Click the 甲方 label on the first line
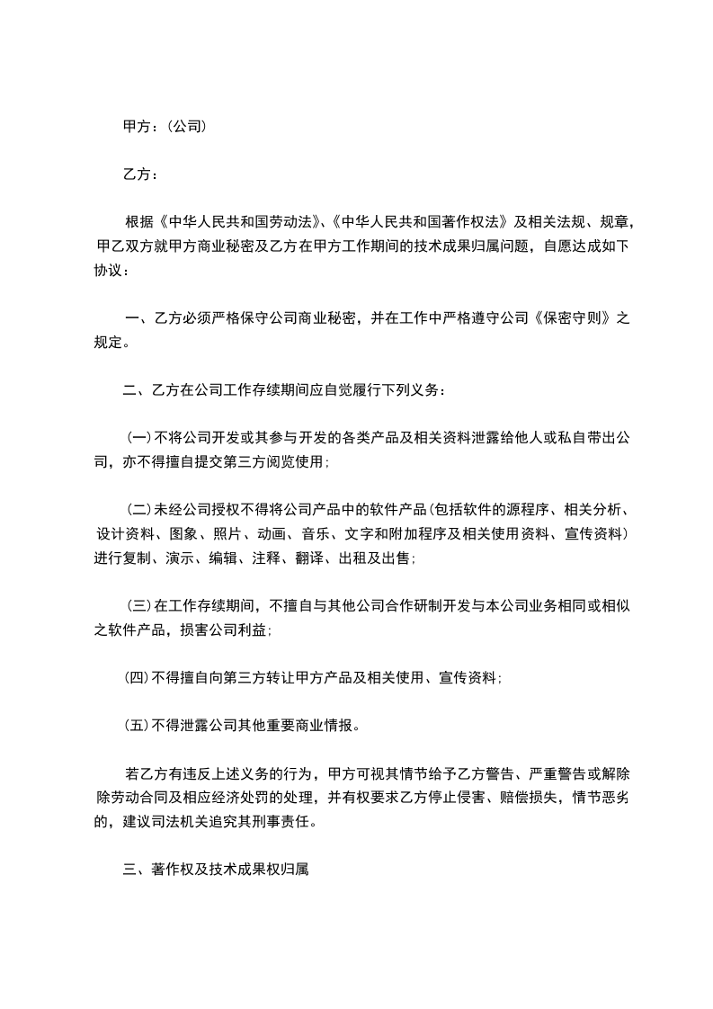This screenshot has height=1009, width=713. pos(137,127)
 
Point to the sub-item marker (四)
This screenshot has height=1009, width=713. pos(138,678)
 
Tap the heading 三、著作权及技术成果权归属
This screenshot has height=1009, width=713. pos(216,870)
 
